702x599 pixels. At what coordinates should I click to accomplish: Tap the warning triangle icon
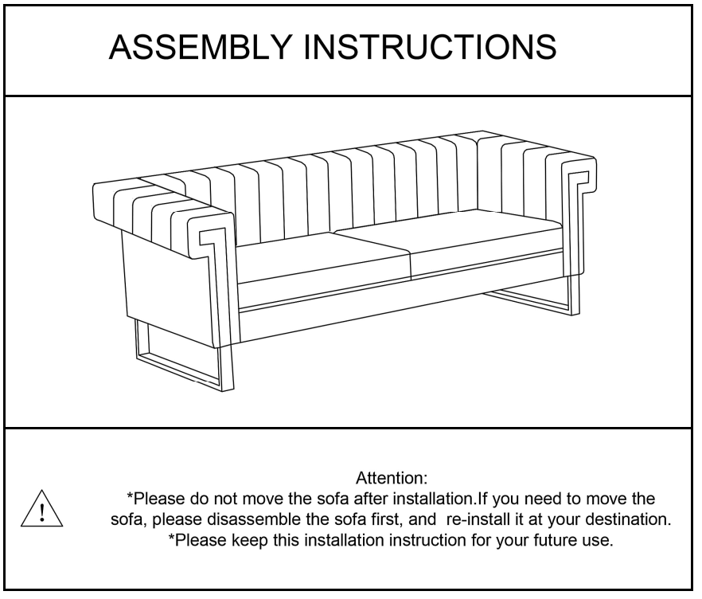coord(41,508)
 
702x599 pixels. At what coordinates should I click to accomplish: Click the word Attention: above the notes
coord(392,479)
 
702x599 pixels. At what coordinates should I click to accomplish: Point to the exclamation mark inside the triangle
coord(42,512)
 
